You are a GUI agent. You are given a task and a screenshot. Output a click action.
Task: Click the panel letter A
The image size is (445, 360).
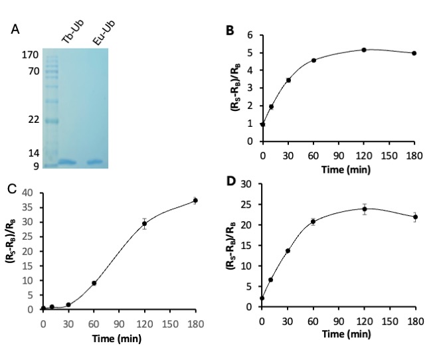pos(15,29)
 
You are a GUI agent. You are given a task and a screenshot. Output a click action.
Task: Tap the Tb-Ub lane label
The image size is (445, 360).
pos(73,32)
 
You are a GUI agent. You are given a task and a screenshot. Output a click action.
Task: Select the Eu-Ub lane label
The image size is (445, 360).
pos(104,33)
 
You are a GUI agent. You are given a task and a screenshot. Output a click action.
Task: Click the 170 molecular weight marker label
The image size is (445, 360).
pos(31,54)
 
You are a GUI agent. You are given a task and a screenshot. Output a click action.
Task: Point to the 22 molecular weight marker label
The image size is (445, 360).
pos(34,120)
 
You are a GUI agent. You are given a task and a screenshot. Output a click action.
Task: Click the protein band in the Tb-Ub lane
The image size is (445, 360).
pos(67,162)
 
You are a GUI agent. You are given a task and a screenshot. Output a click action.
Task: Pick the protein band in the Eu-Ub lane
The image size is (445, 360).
pos(95,162)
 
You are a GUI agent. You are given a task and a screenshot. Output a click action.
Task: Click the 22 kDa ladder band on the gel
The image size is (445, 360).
pos(52,122)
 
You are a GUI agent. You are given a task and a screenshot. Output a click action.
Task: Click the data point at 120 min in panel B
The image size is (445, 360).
pos(364,50)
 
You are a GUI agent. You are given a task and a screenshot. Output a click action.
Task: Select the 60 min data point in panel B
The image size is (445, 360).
pos(313,60)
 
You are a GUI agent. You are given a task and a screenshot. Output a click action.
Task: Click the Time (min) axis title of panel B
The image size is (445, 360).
pos(346,170)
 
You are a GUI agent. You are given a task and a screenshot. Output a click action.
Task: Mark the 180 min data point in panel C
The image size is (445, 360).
pos(195,201)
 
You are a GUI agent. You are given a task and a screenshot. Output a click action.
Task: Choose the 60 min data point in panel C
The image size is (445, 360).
pos(94,283)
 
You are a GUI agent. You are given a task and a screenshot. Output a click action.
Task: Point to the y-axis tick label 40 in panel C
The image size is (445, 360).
pos(27,193)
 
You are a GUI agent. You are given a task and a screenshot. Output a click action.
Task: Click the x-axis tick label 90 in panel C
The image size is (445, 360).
pos(119,324)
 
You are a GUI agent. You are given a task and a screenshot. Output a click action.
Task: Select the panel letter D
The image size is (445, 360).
pos(231,181)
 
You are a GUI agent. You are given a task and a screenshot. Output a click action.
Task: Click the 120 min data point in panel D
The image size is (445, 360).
pos(365,209)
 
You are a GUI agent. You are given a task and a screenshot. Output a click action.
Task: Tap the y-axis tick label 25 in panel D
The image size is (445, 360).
pos(246,205)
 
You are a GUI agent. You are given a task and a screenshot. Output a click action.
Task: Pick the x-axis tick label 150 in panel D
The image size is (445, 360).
pos(390,321)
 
